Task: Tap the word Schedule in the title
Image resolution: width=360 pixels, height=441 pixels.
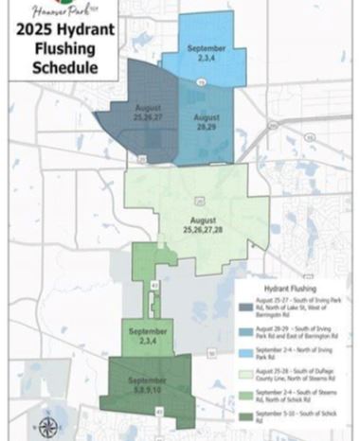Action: click(63, 68)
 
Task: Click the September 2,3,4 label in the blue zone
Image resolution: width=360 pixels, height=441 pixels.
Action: click(205, 53)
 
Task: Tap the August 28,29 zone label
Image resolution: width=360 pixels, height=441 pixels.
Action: click(207, 122)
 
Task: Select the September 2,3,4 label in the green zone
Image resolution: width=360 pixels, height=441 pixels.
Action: click(147, 337)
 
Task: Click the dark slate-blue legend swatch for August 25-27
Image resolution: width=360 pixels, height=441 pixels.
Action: click(246, 306)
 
